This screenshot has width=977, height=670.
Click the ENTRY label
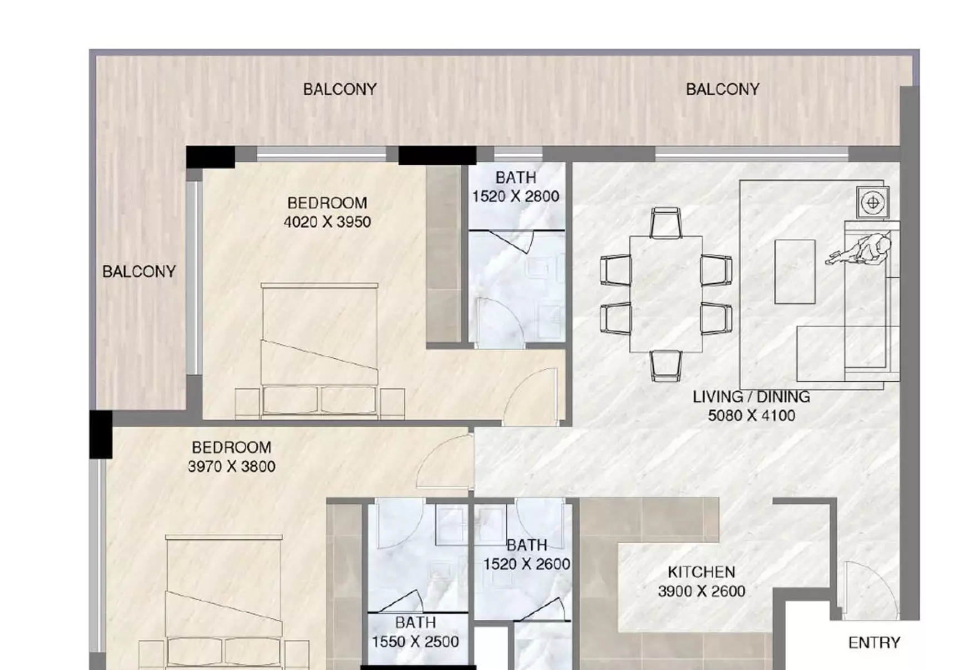874,643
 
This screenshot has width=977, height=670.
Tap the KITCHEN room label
701,572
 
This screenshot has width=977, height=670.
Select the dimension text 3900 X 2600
701,591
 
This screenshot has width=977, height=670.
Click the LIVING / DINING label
751,397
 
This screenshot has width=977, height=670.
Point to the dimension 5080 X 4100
751,416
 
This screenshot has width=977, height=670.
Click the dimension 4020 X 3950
327,222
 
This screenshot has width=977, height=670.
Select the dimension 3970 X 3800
231,466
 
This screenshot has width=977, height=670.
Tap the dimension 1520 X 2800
516,196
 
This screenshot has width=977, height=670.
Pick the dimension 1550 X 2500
415,642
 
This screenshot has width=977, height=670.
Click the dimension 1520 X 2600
526,564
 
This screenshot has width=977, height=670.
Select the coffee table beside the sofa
795,271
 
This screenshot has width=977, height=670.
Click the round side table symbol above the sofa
872,203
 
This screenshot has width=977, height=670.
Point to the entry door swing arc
868,590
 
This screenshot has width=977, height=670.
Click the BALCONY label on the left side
139,272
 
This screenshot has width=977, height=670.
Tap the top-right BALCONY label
722,90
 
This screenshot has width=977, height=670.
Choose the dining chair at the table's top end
665,222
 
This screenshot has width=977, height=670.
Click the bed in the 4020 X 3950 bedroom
319,351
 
